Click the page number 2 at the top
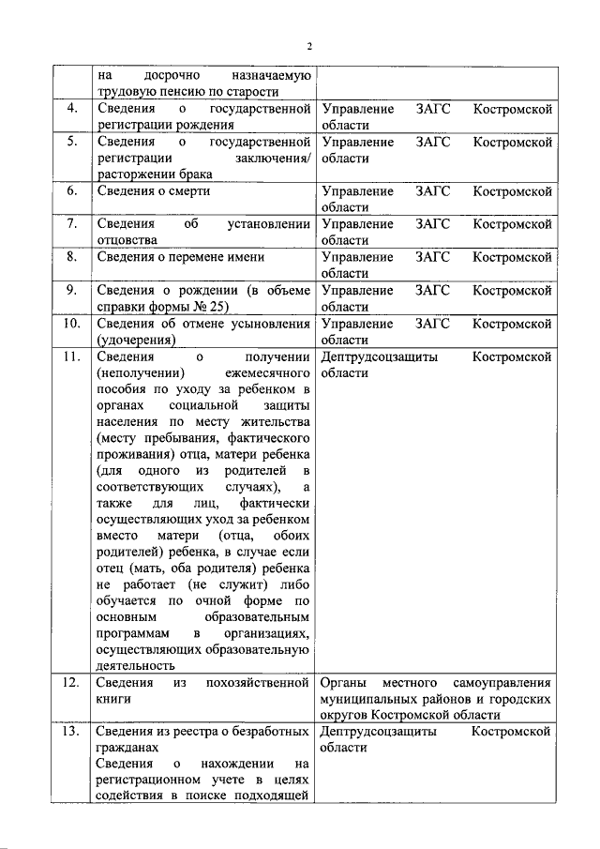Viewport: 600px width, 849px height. [307, 44]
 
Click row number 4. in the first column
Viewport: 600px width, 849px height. [71, 110]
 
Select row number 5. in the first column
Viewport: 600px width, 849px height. [71, 143]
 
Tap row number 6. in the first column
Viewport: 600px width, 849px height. [71, 190]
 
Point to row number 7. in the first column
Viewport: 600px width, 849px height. [71, 223]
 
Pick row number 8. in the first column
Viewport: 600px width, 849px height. [71, 256]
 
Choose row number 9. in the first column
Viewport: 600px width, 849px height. [71, 290]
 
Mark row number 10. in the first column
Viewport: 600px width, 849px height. [71, 324]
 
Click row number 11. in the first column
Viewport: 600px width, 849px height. [71, 356]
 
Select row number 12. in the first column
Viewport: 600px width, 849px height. [71, 682]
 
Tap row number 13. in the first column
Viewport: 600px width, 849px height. [71, 732]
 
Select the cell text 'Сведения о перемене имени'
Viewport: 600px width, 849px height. [180, 256]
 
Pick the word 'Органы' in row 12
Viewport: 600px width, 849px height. [344, 682]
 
